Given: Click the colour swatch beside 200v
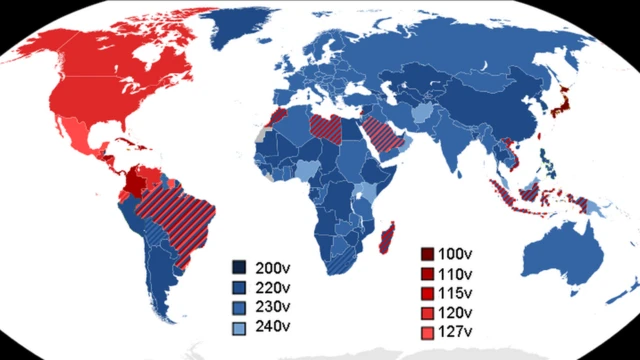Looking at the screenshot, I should point(240,268).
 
